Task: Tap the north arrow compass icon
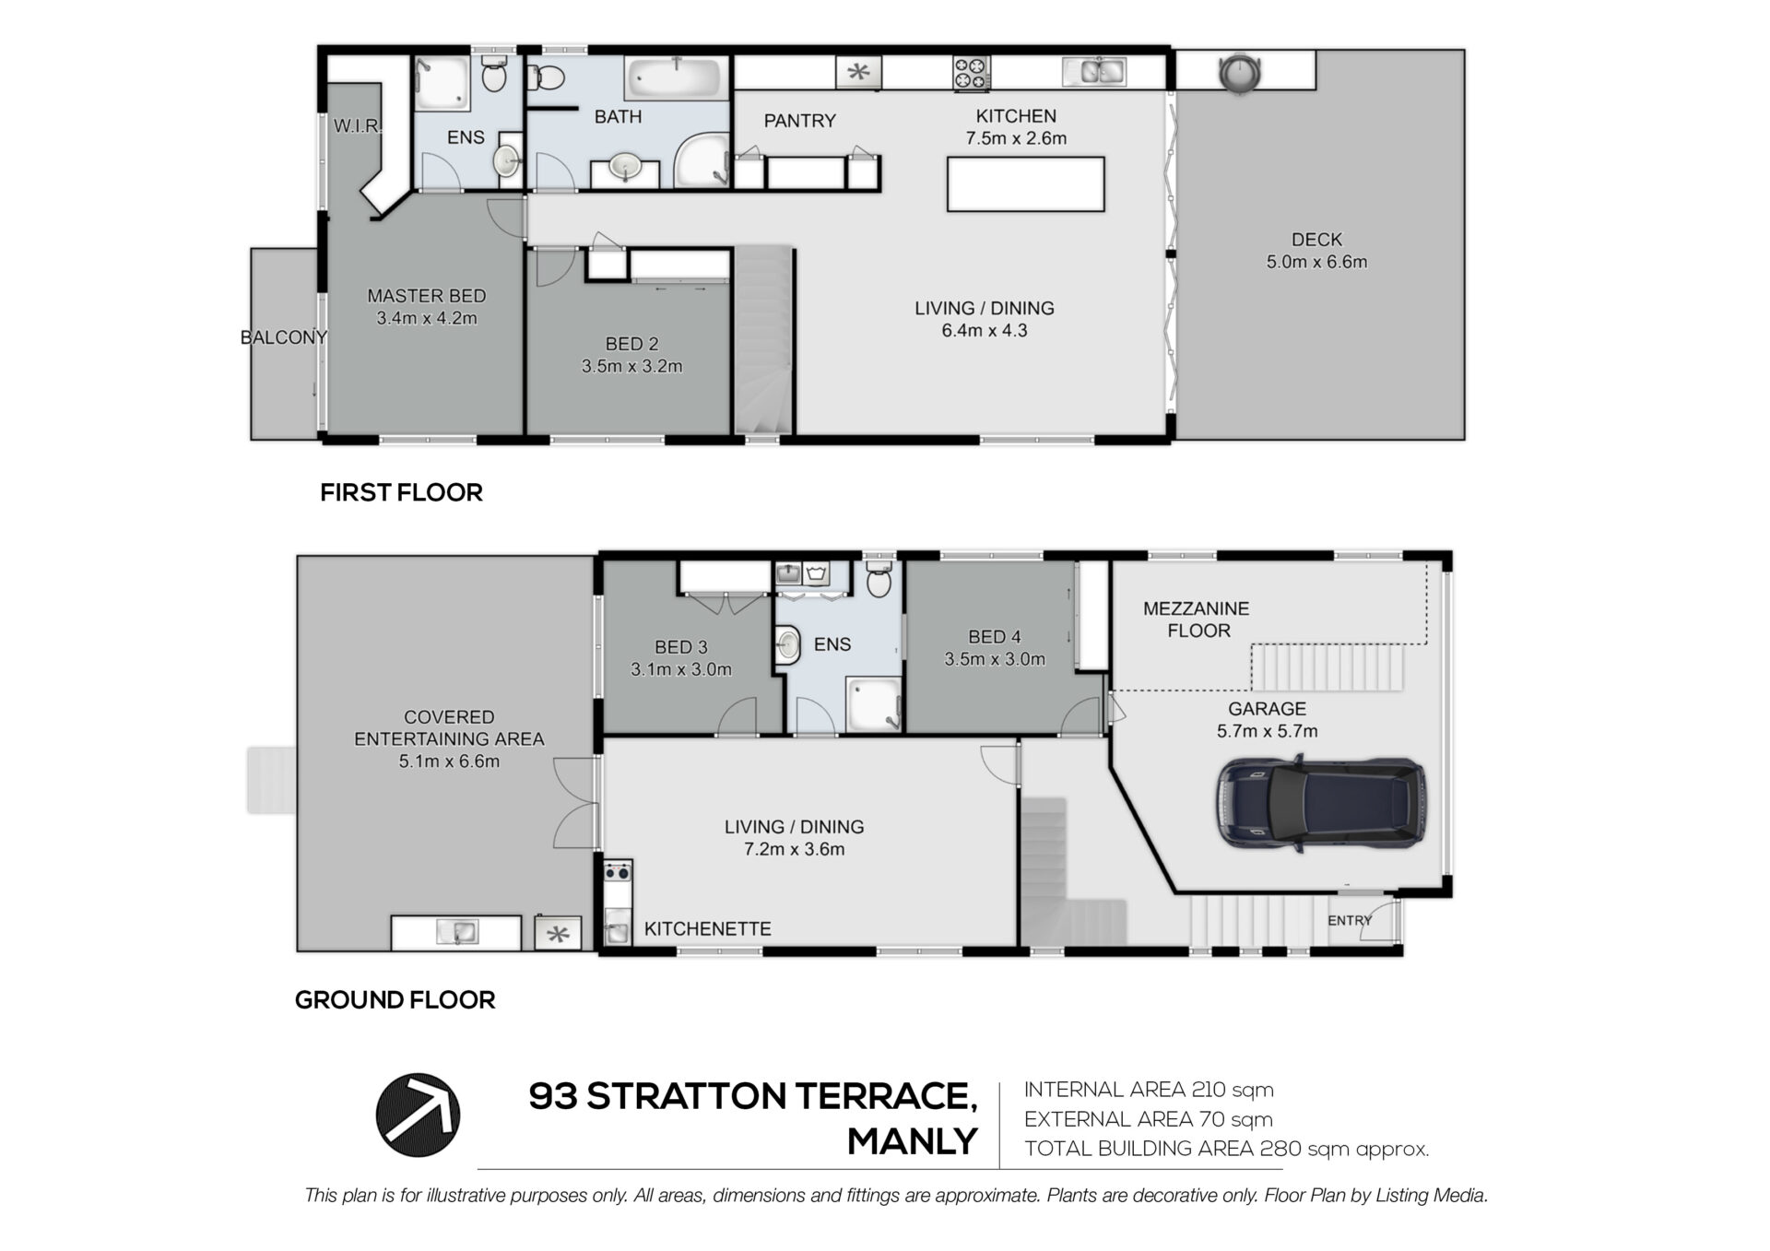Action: coord(418,1115)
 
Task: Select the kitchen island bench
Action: coord(1026,183)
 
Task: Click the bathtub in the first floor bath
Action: coord(672,78)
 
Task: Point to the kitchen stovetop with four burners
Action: coord(971,74)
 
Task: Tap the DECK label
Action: coord(1316,240)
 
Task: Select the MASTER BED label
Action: coord(426,296)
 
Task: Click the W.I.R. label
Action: coord(357,125)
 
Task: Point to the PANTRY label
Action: coord(799,121)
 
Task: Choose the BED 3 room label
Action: coord(680,647)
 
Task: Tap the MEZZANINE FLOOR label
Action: coord(1197,620)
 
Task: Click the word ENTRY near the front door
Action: coord(1350,920)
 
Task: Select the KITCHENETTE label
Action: coord(707,929)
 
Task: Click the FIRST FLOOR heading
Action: coord(401,492)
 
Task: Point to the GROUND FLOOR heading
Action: coord(395,999)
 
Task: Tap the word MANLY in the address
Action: coord(912,1141)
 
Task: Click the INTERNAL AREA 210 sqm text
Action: coord(1149,1090)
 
